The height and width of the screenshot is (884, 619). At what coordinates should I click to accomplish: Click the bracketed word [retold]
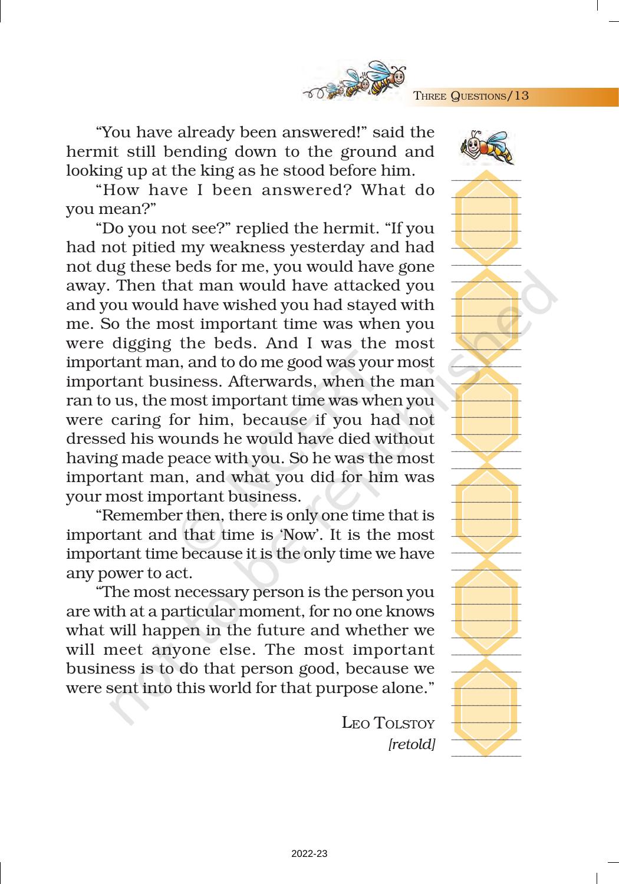click(x=411, y=744)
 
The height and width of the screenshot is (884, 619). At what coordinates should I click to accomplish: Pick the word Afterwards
click(x=269, y=381)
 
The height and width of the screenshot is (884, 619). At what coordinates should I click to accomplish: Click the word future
click(x=279, y=631)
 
